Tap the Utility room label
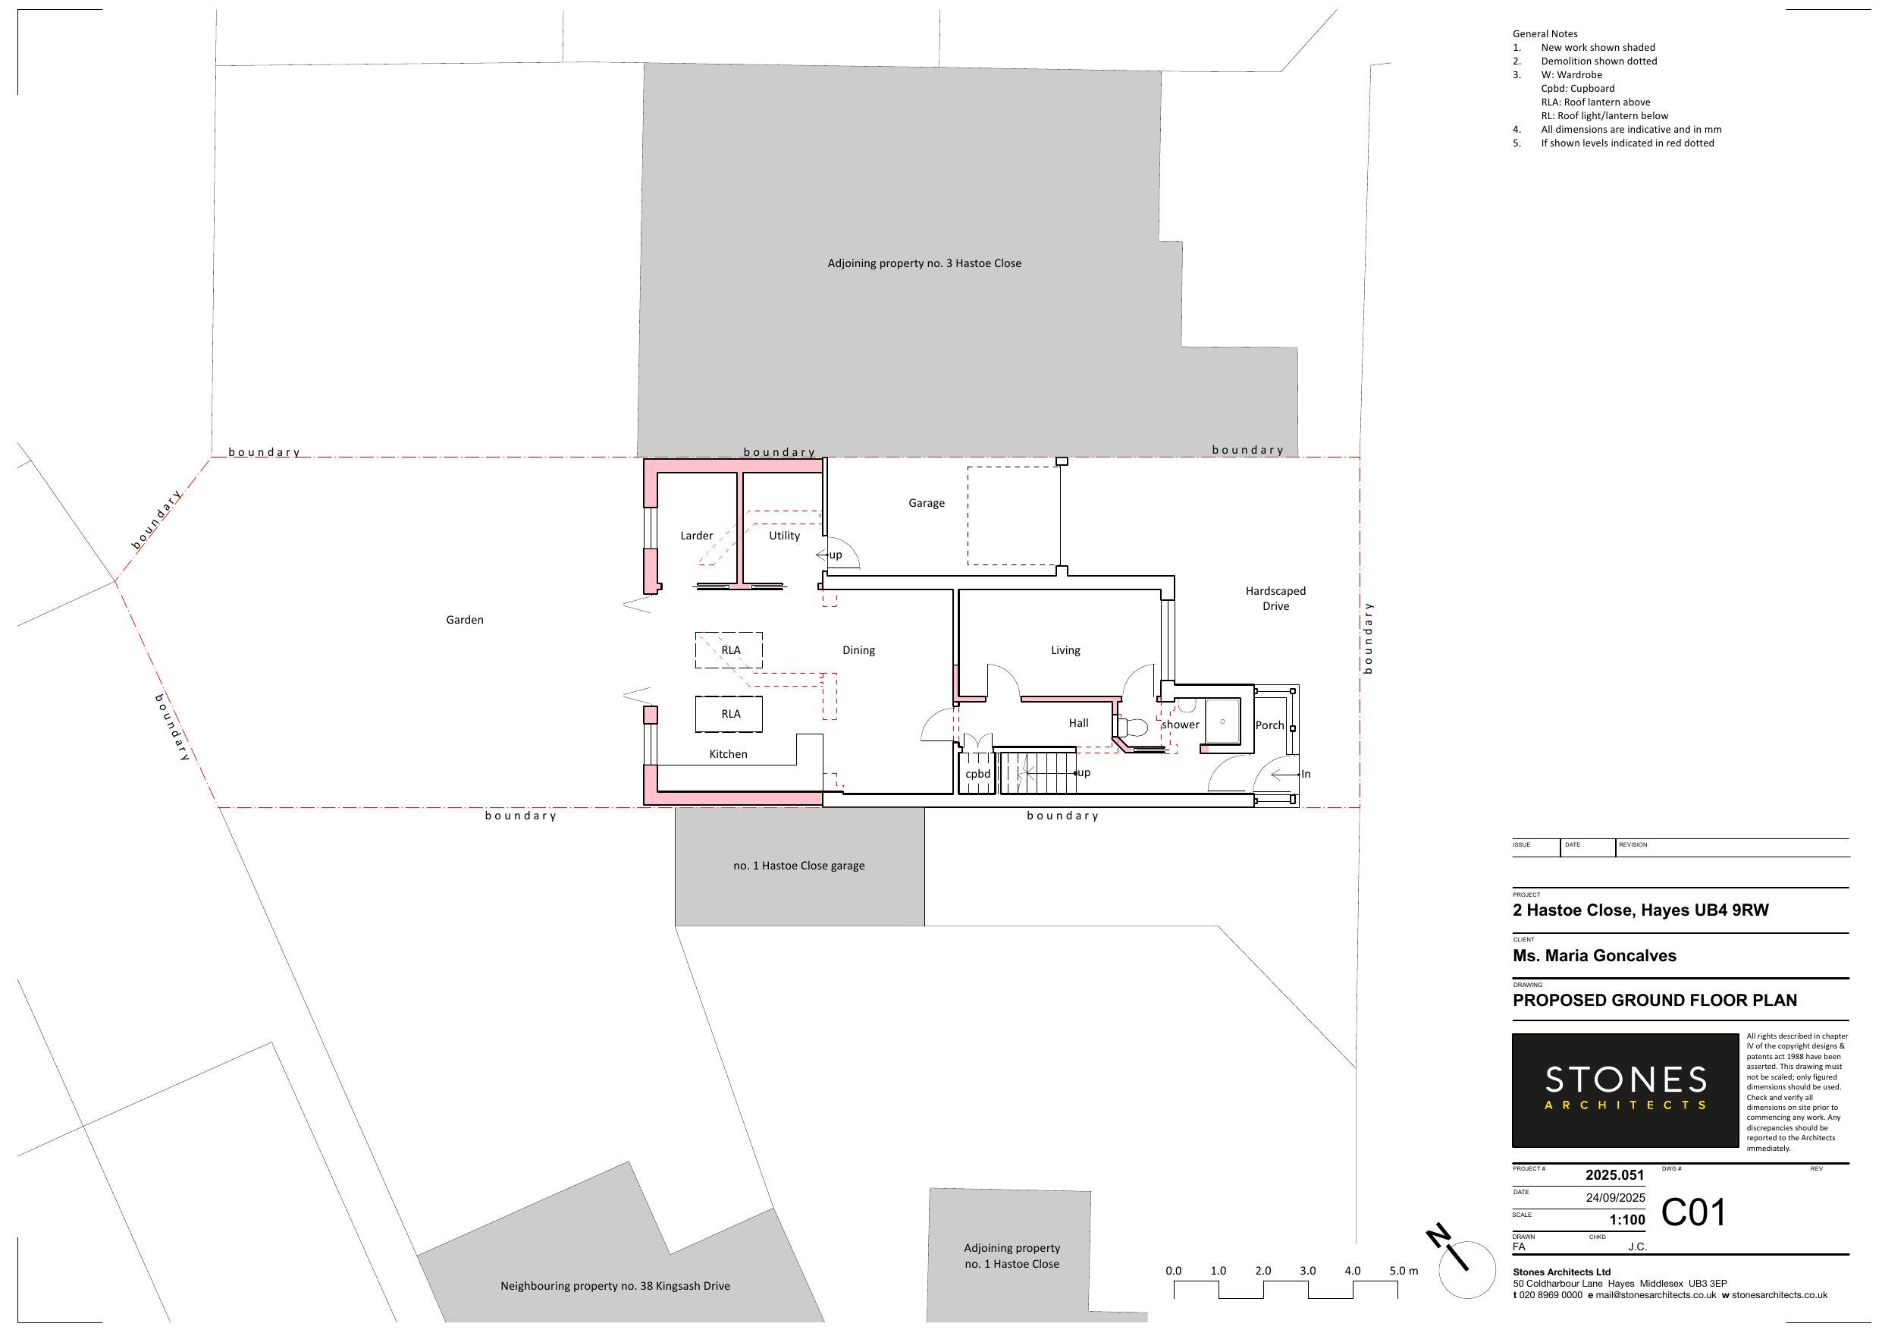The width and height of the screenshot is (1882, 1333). (x=783, y=536)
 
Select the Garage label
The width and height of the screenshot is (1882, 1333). (x=927, y=503)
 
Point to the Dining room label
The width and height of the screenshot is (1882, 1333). (x=858, y=650)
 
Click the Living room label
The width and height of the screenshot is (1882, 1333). (x=1065, y=650)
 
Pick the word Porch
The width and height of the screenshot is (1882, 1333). (x=1269, y=725)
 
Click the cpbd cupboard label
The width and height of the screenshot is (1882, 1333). (x=977, y=774)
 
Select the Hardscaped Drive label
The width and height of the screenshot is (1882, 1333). (x=1275, y=599)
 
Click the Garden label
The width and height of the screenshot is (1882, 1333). (x=464, y=620)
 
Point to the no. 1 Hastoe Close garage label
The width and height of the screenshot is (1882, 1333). (x=798, y=866)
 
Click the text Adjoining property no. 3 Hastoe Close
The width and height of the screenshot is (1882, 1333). (x=924, y=263)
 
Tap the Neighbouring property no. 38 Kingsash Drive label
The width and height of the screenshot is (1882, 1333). (x=614, y=1286)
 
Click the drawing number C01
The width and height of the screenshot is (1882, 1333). (x=1692, y=1212)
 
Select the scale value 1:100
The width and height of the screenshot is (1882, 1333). (x=1627, y=1220)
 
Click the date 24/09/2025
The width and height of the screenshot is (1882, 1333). (x=1614, y=1197)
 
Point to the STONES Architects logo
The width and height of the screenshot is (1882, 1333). (x=1624, y=1090)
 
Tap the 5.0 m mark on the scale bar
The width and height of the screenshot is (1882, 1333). (x=1402, y=1271)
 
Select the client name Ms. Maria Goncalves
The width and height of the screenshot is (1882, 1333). (x=1594, y=955)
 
